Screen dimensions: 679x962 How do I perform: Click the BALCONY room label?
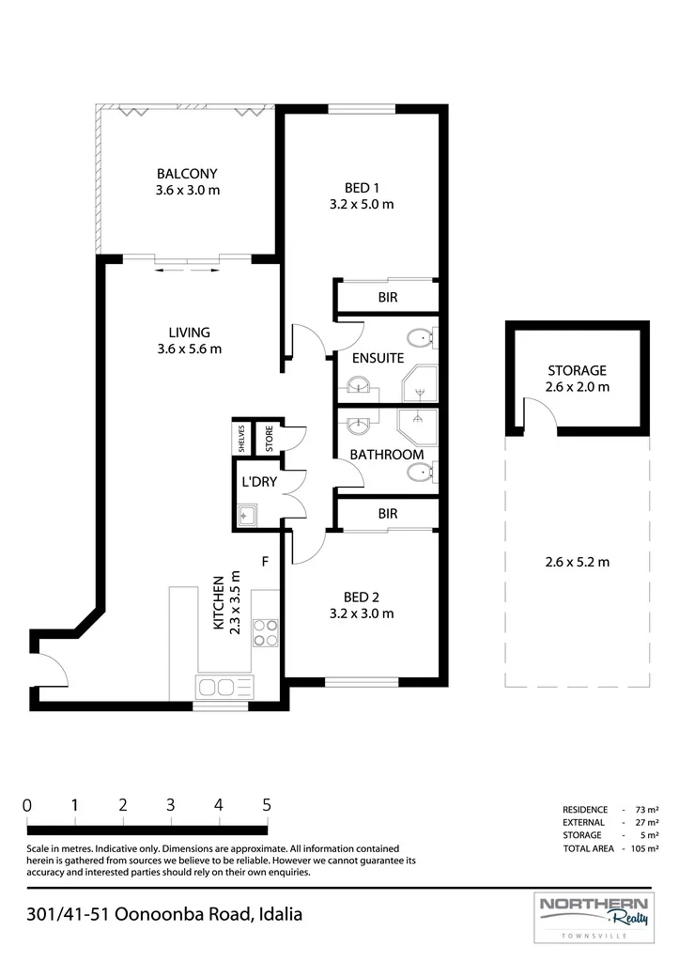pyautogui.click(x=187, y=174)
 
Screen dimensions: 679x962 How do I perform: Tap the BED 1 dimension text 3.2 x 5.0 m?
pyautogui.click(x=362, y=204)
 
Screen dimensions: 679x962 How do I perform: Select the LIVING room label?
pyautogui.click(x=189, y=333)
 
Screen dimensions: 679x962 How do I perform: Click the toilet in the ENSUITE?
pyautogui.click(x=422, y=336)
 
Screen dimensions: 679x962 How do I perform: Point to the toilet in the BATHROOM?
pyautogui.click(x=422, y=472)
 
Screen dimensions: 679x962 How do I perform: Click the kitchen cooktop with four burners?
pyautogui.click(x=266, y=632)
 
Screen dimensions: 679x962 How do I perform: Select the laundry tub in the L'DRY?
pyautogui.click(x=247, y=516)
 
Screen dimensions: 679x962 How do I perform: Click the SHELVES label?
pyautogui.click(x=241, y=438)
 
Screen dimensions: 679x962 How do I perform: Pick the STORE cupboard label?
pyautogui.click(x=270, y=439)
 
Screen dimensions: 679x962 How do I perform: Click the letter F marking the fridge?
pyautogui.click(x=265, y=562)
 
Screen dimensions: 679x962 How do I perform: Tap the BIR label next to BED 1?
pyautogui.click(x=388, y=298)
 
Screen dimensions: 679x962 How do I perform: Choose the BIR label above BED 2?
pyautogui.click(x=388, y=514)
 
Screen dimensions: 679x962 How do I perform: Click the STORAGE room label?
pyautogui.click(x=577, y=370)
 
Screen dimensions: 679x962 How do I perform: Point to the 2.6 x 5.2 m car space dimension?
pyautogui.click(x=578, y=562)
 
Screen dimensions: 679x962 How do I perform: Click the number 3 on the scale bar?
pyautogui.click(x=171, y=805)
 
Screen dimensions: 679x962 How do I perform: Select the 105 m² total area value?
pyautogui.click(x=644, y=848)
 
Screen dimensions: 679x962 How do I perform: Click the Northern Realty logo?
pyautogui.click(x=594, y=917)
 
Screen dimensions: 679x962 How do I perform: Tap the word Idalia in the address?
pyautogui.click(x=280, y=914)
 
